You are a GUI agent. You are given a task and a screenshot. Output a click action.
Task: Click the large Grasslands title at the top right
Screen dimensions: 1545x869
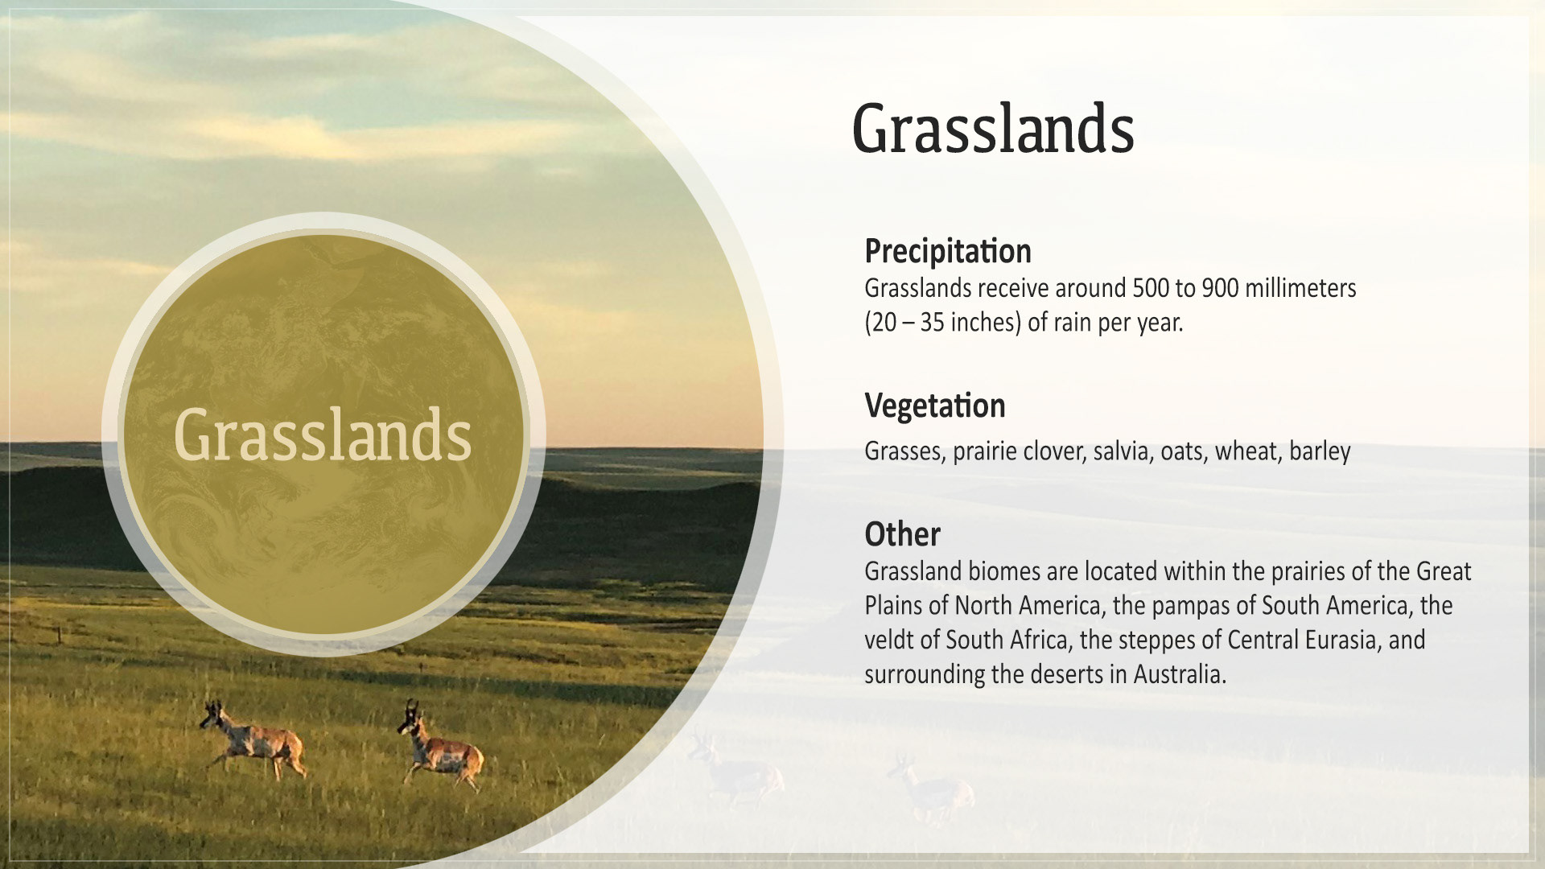point(993,129)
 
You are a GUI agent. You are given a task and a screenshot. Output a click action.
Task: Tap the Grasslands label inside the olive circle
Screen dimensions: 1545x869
point(322,434)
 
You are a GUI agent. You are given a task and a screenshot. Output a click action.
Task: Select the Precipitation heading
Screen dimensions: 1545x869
point(948,251)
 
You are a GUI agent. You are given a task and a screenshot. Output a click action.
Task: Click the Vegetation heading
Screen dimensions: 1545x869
point(935,406)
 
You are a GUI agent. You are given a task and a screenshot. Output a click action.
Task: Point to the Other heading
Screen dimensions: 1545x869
point(902,534)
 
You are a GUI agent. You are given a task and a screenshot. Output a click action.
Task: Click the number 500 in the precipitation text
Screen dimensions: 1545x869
point(1151,288)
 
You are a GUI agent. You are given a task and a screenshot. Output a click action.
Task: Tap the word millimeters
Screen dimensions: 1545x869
point(1300,288)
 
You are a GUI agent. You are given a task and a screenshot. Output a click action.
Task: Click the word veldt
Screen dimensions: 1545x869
point(888,640)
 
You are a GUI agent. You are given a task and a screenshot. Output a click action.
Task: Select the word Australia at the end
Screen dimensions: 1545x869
point(1180,674)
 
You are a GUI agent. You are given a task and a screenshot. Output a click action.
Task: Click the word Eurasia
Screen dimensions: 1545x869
point(1343,640)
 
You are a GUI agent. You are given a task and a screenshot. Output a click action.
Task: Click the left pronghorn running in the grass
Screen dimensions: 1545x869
point(253,739)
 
